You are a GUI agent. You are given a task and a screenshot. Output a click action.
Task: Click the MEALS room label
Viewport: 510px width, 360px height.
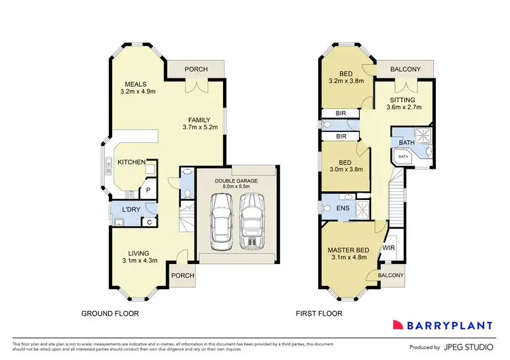131,84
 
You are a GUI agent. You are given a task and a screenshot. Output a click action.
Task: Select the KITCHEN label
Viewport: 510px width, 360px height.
131,162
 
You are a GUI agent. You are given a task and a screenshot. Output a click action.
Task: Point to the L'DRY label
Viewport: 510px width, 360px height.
131,209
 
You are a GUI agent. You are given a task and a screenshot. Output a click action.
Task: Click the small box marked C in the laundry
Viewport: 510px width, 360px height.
149,222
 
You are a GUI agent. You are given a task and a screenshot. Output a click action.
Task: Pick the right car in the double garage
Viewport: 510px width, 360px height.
252,219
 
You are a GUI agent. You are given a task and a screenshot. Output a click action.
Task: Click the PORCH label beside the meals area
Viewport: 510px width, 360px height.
196,69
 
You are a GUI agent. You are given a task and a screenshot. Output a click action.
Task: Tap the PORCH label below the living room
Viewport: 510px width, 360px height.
182,276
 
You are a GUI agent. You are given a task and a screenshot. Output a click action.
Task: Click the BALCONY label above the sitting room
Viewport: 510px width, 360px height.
405,69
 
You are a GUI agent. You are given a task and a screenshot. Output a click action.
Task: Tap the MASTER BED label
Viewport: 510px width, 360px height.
347,250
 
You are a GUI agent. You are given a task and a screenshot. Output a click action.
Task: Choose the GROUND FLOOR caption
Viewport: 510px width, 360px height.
110,314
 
